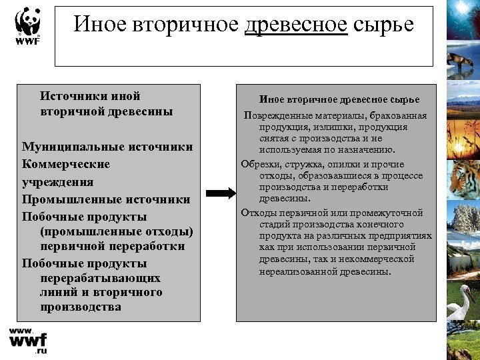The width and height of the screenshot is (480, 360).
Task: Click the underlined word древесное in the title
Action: (296, 25)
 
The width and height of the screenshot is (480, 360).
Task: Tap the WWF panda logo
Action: (27, 26)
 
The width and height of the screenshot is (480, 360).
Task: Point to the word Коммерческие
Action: (65, 164)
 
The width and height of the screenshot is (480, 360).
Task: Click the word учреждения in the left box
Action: (57, 182)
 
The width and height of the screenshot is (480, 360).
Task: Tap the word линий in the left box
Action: (55, 293)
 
